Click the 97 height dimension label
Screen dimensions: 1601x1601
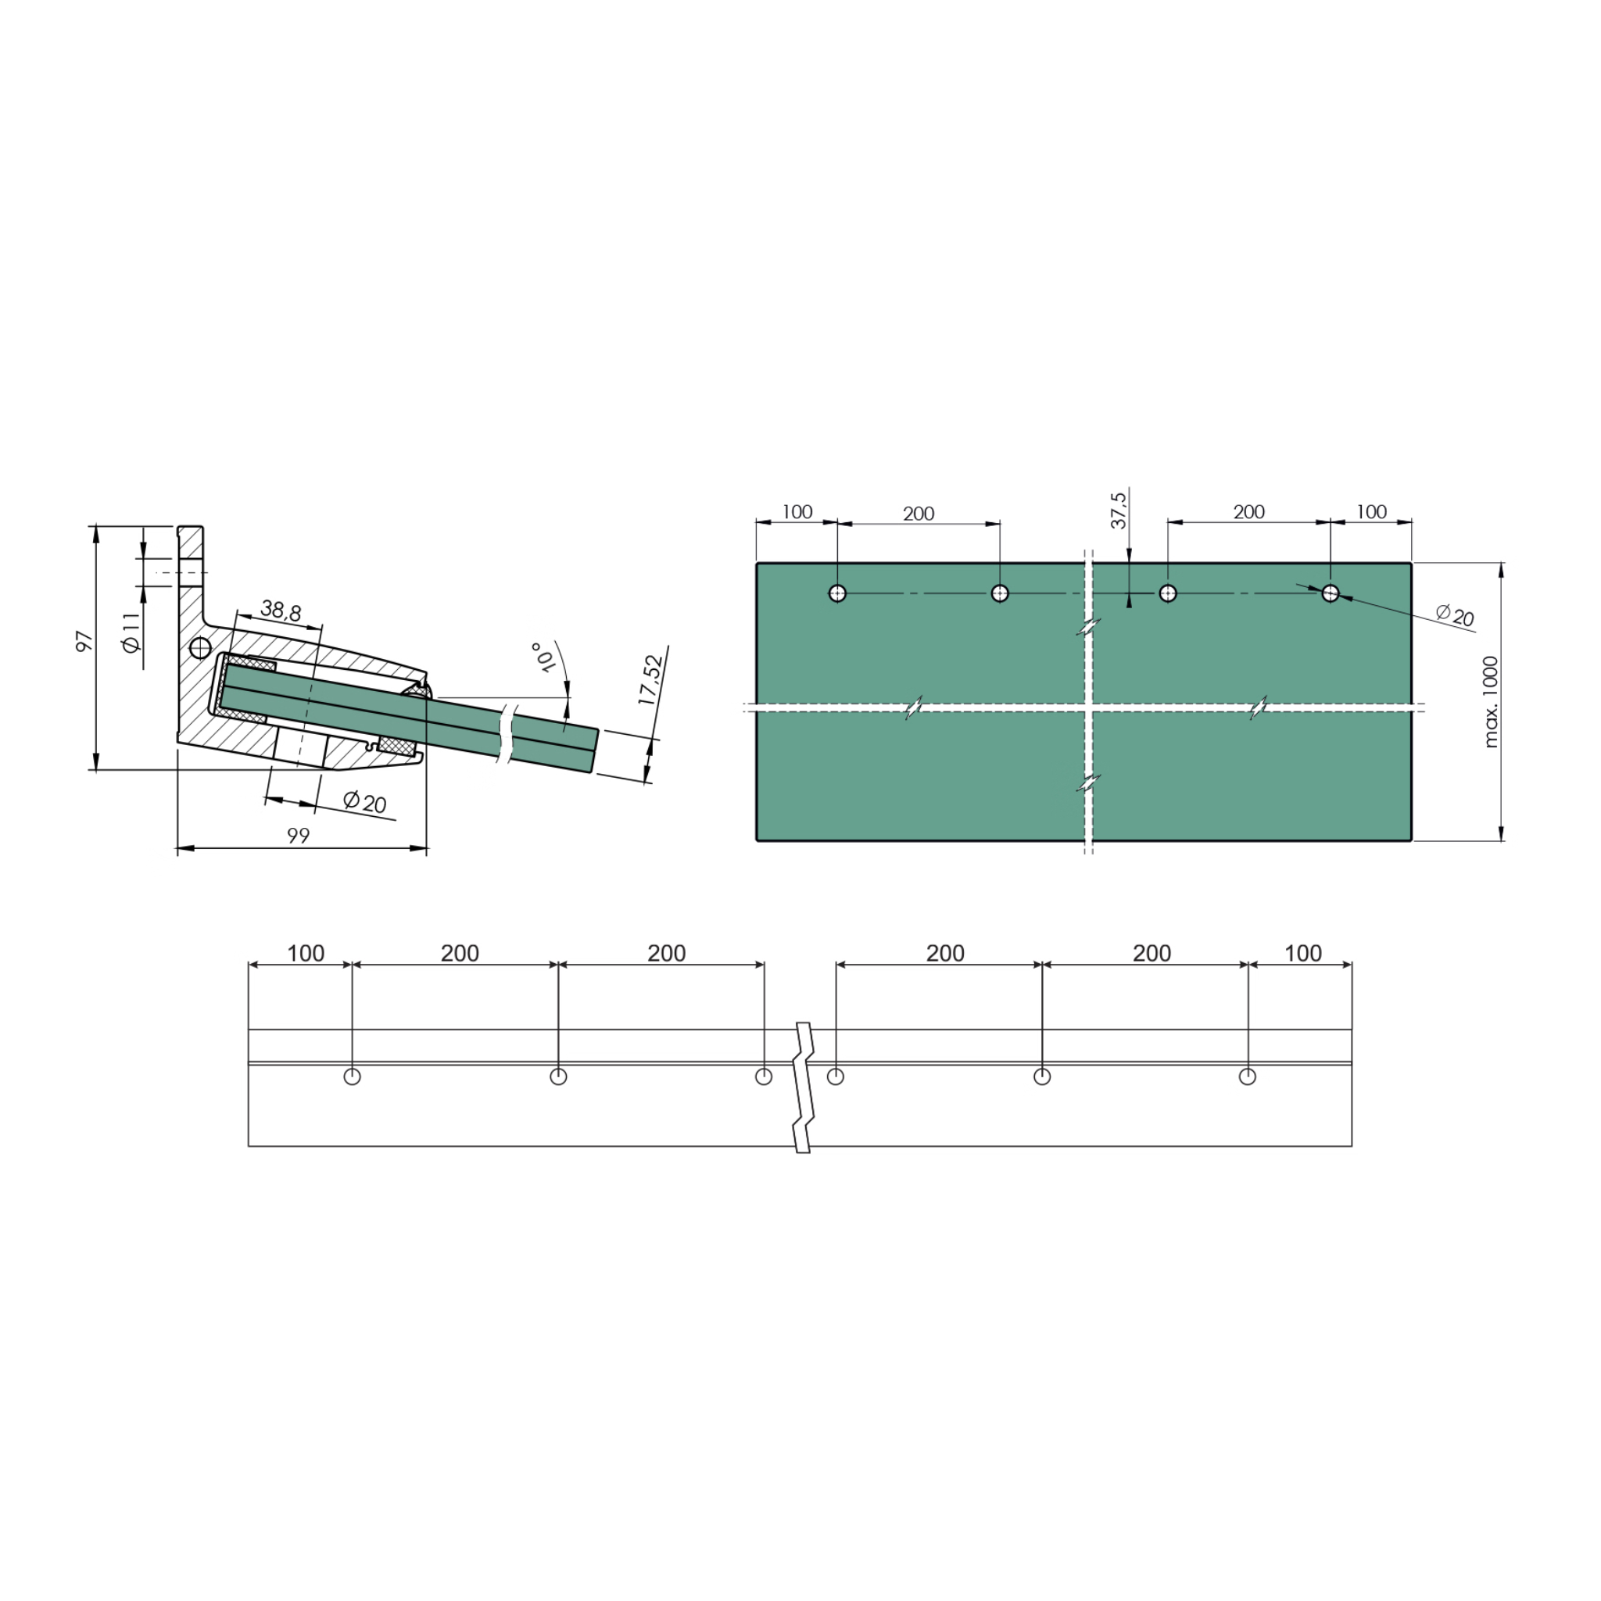[x=84, y=641]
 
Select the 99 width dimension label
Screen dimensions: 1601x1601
[x=299, y=836]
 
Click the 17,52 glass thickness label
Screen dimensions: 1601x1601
[x=651, y=680]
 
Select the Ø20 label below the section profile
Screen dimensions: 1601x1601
[x=364, y=802]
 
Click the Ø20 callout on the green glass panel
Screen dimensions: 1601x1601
[x=1455, y=616]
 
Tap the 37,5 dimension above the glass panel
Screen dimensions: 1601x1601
[x=1119, y=510]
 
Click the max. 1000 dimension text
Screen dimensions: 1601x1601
[x=1491, y=702]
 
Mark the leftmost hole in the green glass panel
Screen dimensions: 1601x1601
[x=837, y=593]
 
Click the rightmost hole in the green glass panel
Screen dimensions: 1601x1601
[x=1330, y=593]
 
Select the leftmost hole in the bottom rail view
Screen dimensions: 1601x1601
[x=353, y=1076]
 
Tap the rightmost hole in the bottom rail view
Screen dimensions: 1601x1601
[x=1247, y=1076]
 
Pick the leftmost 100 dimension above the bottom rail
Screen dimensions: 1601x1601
[x=306, y=954]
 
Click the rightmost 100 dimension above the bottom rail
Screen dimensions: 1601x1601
[x=1302, y=954]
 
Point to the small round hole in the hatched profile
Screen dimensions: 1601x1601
[x=199, y=647]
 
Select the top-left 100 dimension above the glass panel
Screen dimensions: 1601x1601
[x=797, y=512]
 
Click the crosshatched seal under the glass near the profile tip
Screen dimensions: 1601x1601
[x=396, y=747]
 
